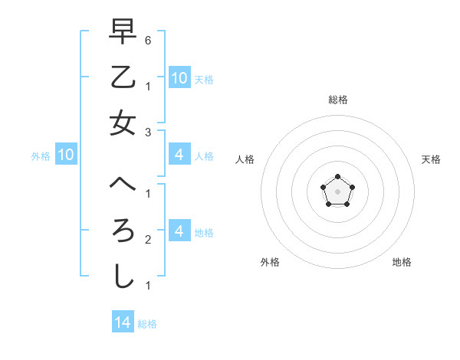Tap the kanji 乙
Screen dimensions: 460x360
pyautogui.click(x=123, y=78)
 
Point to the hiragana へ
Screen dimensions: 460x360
pyautogui.click(x=123, y=185)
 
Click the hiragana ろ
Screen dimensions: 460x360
pyautogui.click(x=123, y=231)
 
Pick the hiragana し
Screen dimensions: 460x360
pyautogui.click(x=123, y=277)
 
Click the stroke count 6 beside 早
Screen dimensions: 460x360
pyautogui.click(x=148, y=40)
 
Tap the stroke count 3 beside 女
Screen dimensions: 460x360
pyautogui.click(x=148, y=133)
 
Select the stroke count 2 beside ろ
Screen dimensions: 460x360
pyautogui.click(x=148, y=240)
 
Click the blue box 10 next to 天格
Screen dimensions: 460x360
pyautogui.click(x=179, y=78)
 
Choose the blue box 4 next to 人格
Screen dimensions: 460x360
pyautogui.click(x=179, y=155)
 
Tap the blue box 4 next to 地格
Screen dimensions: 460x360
pyautogui.click(x=179, y=231)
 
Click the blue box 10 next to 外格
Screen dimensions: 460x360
pyautogui.click(x=66, y=155)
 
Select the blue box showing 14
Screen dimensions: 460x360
pyautogui.click(x=123, y=322)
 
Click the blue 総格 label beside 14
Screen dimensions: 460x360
pyautogui.click(x=148, y=324)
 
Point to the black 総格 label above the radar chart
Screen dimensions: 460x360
pyautogui.click(x=338, y=100)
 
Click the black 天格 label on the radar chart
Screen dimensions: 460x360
pyautogui.click(x=431, y=159)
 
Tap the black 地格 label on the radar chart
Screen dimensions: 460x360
pyautogui.click(x=402, y=262)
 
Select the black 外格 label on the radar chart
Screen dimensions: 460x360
pyautogui.click(x=270, y=262)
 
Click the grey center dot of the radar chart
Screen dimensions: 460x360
pyautogui.click(x=337, y=191)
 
